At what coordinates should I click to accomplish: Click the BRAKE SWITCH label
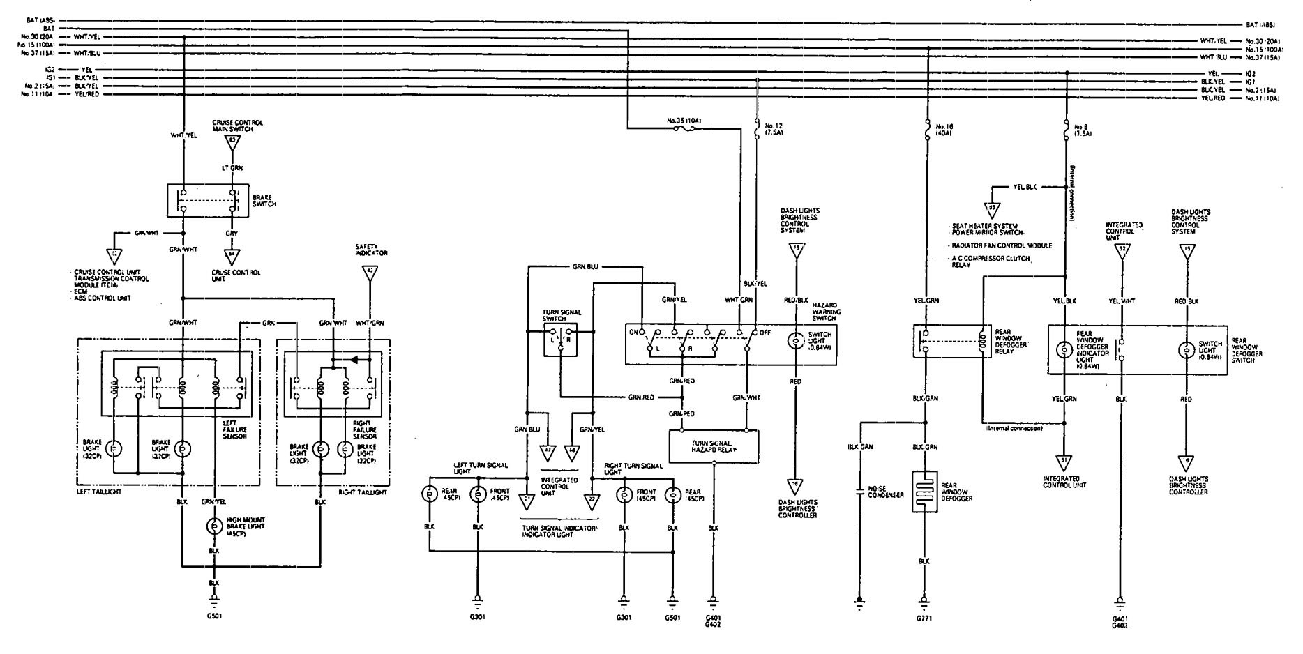264,201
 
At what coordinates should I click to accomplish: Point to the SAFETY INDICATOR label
372,250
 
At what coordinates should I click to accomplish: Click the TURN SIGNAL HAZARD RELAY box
714,446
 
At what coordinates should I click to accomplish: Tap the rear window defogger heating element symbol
926,492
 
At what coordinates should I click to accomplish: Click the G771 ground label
926,618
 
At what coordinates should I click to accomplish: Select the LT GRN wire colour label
232,168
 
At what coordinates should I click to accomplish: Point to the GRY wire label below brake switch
232,234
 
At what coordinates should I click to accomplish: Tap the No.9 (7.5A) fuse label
1082,130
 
